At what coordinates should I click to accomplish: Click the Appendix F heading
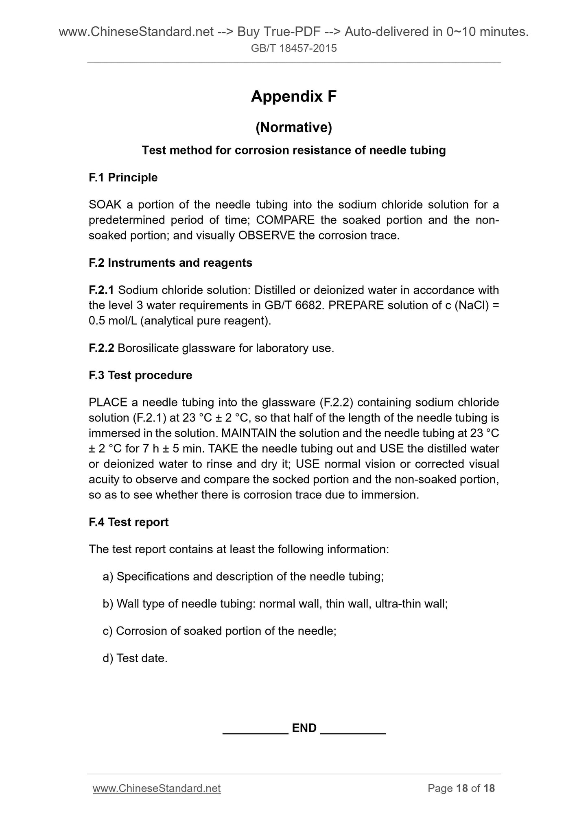tap(293, 96)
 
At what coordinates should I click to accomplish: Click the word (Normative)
tap(293, 128)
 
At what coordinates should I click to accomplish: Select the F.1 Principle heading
tap(123, 178)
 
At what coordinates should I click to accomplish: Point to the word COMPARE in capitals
tap(285, 220)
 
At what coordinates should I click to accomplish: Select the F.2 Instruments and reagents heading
tap(170, 263)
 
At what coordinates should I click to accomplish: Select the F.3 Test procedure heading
tap(140, 375)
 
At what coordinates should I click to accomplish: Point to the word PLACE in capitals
tap(108, 402)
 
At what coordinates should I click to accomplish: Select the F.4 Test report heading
tap(128, 522)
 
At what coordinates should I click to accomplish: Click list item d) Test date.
tap(135, 658)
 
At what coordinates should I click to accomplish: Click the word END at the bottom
tap(304, 728)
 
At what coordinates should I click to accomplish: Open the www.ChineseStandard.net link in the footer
tap(156, 788)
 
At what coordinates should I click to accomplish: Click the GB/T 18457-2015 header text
tap(293, 48)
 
